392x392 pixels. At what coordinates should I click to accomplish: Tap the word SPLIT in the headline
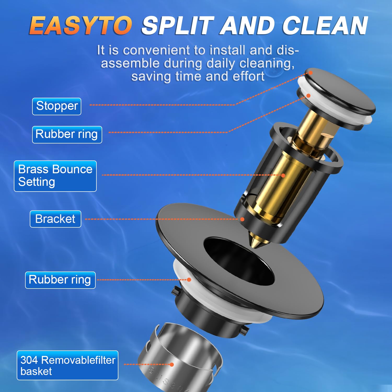click(178, 26)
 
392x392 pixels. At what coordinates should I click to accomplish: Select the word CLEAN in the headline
click(325, 26)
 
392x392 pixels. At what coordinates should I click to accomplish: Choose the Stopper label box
click(57, 106)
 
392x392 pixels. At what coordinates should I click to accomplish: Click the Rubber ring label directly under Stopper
click(67, 135)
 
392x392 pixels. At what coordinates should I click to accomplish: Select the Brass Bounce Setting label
click(55, 176)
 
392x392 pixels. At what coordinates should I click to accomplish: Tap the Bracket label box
click(55, 219)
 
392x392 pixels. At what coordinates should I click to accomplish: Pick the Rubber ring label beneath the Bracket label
click(60, 280)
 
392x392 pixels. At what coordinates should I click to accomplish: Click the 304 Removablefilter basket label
click(67, 365)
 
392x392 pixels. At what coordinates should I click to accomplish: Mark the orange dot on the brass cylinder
click(283, 175)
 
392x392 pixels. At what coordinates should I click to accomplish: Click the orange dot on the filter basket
click(172, 364)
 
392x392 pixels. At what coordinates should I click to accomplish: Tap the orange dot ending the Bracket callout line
click(242, 219)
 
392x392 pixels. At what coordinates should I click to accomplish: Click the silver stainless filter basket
click(180, 358)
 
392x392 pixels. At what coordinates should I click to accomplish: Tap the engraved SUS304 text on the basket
click(167, 380)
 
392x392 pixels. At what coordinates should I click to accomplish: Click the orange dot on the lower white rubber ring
click(189, 279)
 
